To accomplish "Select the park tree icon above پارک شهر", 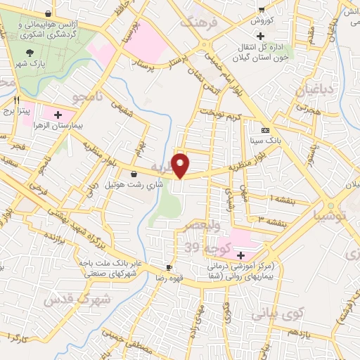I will (x=29, y=52).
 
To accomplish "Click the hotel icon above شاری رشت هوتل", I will (x=134, y=174).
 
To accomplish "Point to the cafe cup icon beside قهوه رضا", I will (x=169, y=267).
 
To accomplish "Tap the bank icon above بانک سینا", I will (x=264, y=131).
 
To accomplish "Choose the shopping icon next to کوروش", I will (x=261, y=9).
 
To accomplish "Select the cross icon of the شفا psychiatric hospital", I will (x=242, y=255).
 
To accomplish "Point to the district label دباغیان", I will (x=304, y=90).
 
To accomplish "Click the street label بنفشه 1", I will (x=262, y=199).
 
